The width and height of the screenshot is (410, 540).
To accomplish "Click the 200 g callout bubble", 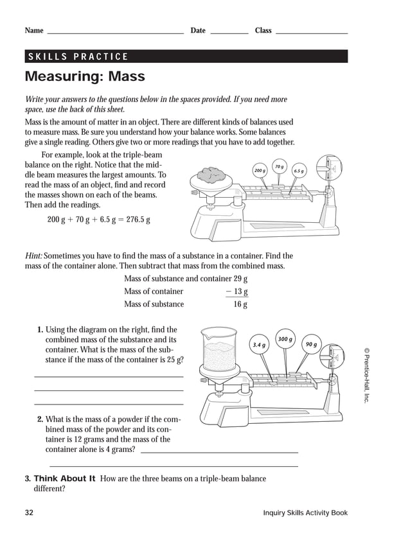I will pos(260,170).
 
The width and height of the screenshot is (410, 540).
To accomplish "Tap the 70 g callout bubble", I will pos(279,166).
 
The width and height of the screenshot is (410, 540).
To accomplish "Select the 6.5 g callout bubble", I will pos(299,171).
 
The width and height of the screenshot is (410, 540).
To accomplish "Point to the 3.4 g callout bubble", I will pos(260,345).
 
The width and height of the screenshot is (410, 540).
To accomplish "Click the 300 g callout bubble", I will pos(285,339).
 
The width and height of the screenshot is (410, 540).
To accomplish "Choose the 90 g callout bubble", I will pos(311,345).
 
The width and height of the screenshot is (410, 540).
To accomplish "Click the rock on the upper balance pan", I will pos(209,173).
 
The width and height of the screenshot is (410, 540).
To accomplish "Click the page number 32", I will pos(29,512).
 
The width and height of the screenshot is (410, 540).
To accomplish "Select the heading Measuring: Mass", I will pos(85,77).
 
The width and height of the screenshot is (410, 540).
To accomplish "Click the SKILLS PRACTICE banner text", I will pos(78,57).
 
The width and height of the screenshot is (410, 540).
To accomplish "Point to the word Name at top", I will pos(34,31).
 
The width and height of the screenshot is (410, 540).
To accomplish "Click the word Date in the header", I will pos(198,31).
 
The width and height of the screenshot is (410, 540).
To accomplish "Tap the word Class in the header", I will pos(263,31).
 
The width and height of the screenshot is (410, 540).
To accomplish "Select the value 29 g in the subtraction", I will pos(241,279).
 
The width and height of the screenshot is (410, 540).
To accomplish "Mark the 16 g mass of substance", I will pos(240,304).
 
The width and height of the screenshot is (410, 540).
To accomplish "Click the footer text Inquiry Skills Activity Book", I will pos(305,512).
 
